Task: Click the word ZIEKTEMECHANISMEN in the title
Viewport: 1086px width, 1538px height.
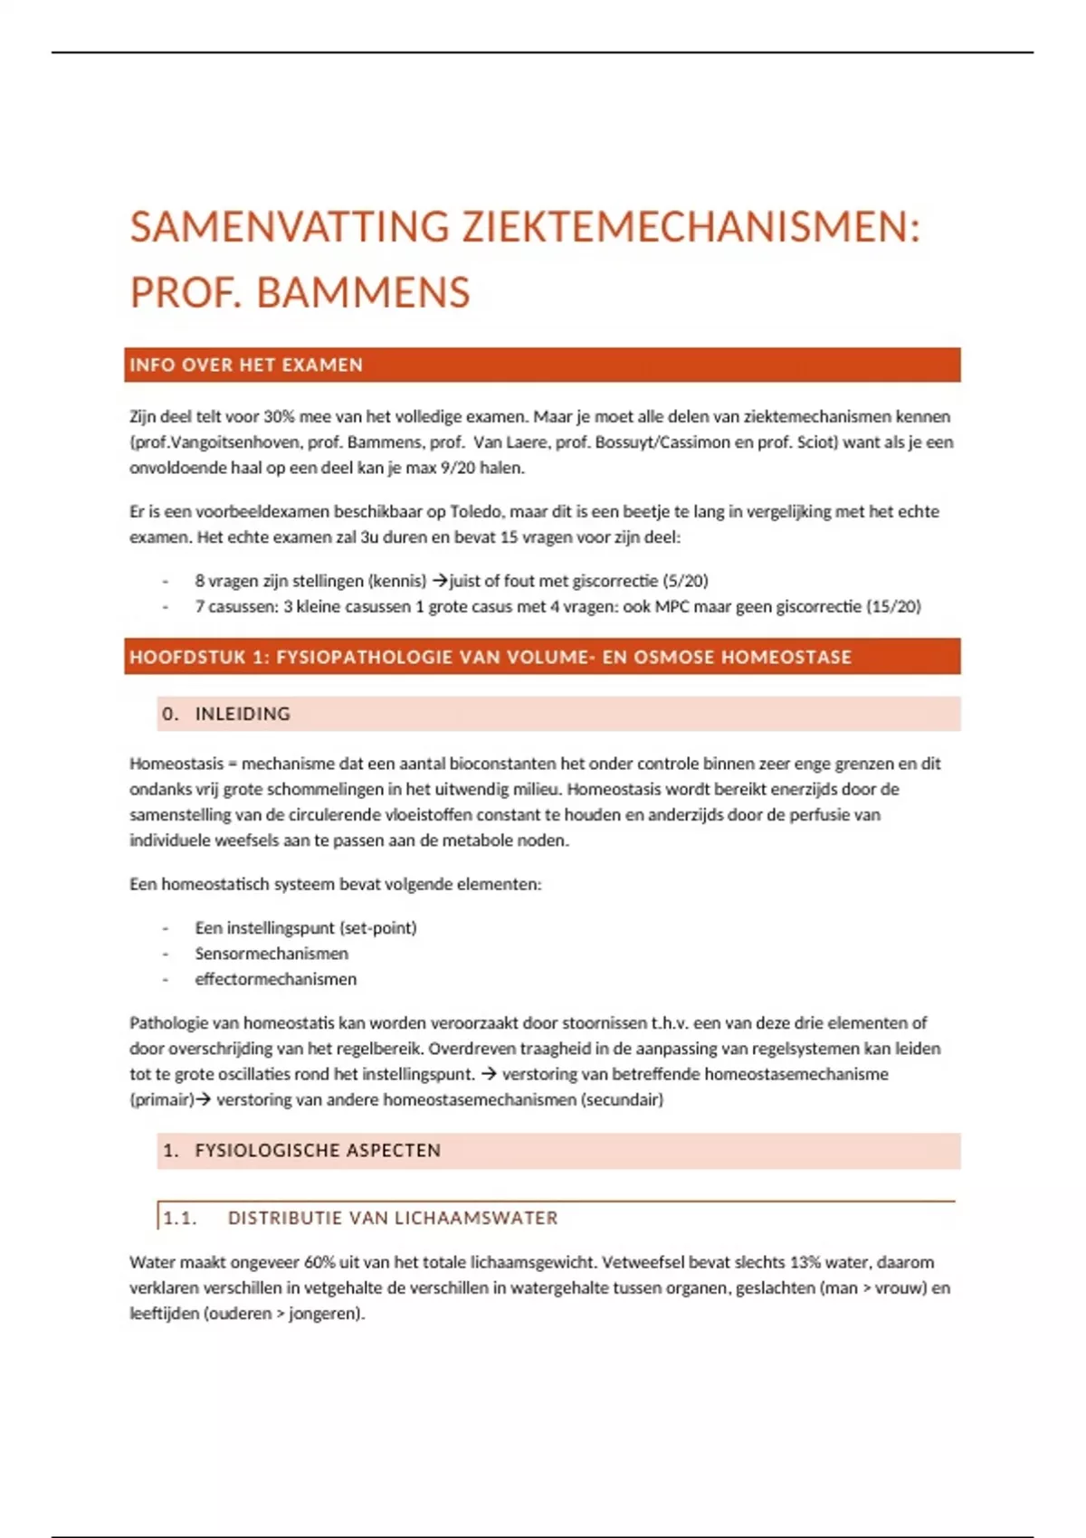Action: coord(691,226)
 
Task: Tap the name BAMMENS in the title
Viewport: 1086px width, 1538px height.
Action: coord(363,292)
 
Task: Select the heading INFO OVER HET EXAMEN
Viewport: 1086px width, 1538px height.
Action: coord(246,366)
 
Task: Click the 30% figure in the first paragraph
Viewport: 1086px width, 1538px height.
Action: coord(280,417)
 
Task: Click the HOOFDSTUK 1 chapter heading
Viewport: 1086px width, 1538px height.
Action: coord(491,658)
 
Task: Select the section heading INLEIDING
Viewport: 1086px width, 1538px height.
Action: coord(243,714)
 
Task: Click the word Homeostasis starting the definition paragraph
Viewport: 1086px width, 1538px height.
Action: coord(176,764)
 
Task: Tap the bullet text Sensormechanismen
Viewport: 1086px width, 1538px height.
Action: coord(271,954)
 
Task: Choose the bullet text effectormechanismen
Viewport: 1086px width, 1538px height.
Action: coord(276,979)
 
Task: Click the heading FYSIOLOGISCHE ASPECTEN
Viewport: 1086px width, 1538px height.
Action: coord(318,1151)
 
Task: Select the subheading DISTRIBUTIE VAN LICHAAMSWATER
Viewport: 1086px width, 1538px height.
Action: coord(393,1219)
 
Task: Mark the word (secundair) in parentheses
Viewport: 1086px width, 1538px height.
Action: coord(622,1100)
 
